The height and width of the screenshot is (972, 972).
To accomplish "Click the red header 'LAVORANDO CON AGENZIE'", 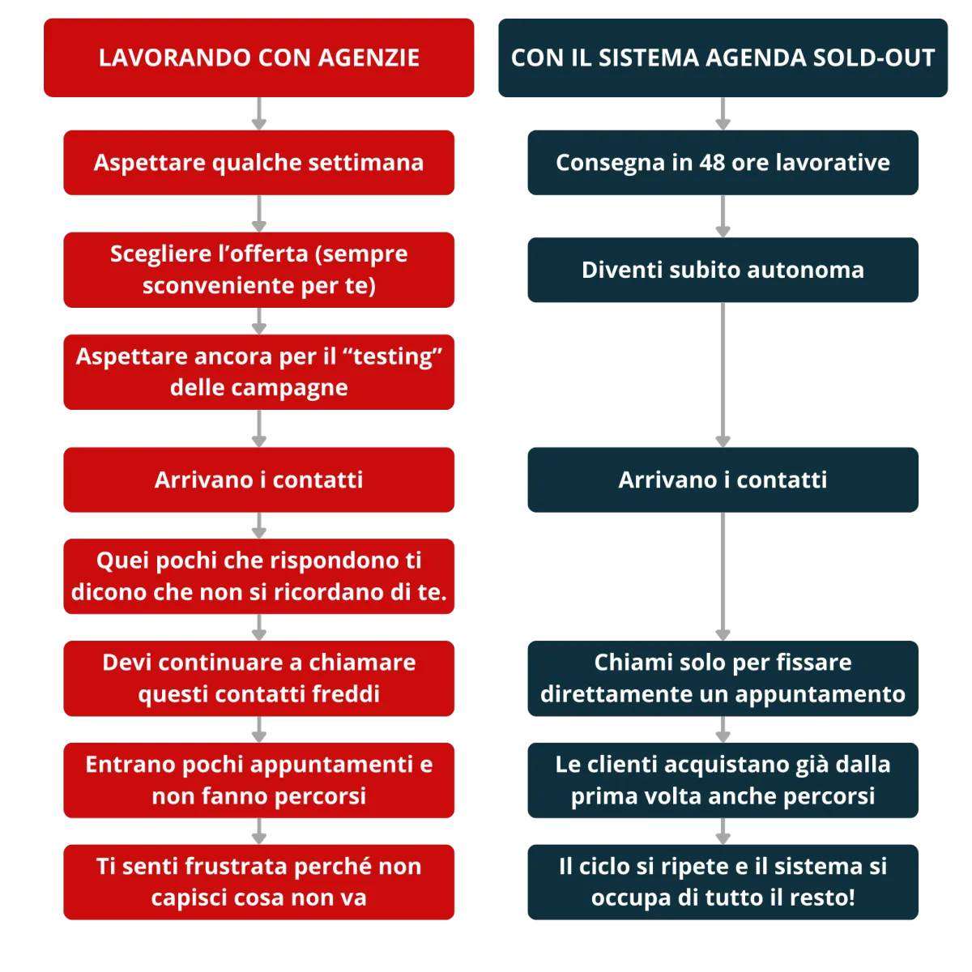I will [258, 58].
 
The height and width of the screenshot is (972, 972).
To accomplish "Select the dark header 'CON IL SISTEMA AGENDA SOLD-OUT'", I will [723, 58].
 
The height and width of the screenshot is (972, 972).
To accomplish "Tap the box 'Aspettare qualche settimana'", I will [258, 163].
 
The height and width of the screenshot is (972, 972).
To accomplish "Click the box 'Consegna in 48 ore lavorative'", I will [723, 163].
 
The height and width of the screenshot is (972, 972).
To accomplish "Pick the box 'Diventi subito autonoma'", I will [723, 270].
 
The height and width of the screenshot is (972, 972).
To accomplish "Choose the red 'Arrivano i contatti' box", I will [258, 480].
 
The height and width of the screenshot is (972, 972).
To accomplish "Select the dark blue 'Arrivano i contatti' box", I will [723, 480].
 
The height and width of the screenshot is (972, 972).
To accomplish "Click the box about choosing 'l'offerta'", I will [258, 270].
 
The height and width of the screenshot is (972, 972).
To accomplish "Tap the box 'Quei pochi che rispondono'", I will [258, 576].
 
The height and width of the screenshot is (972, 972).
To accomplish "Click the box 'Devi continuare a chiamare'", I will [258, 678].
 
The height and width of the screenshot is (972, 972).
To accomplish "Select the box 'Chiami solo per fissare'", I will [723, 678].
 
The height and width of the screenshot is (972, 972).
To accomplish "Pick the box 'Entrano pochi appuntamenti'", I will [258, 780].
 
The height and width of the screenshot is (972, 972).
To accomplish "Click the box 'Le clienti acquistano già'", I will [723, 780].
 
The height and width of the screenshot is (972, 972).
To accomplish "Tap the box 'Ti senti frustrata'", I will [258, 882].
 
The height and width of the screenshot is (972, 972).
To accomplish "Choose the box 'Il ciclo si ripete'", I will [723, 882].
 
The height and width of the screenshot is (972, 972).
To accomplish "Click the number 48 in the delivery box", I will [712, 163].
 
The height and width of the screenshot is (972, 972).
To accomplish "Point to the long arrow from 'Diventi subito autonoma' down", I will [723, 373].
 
